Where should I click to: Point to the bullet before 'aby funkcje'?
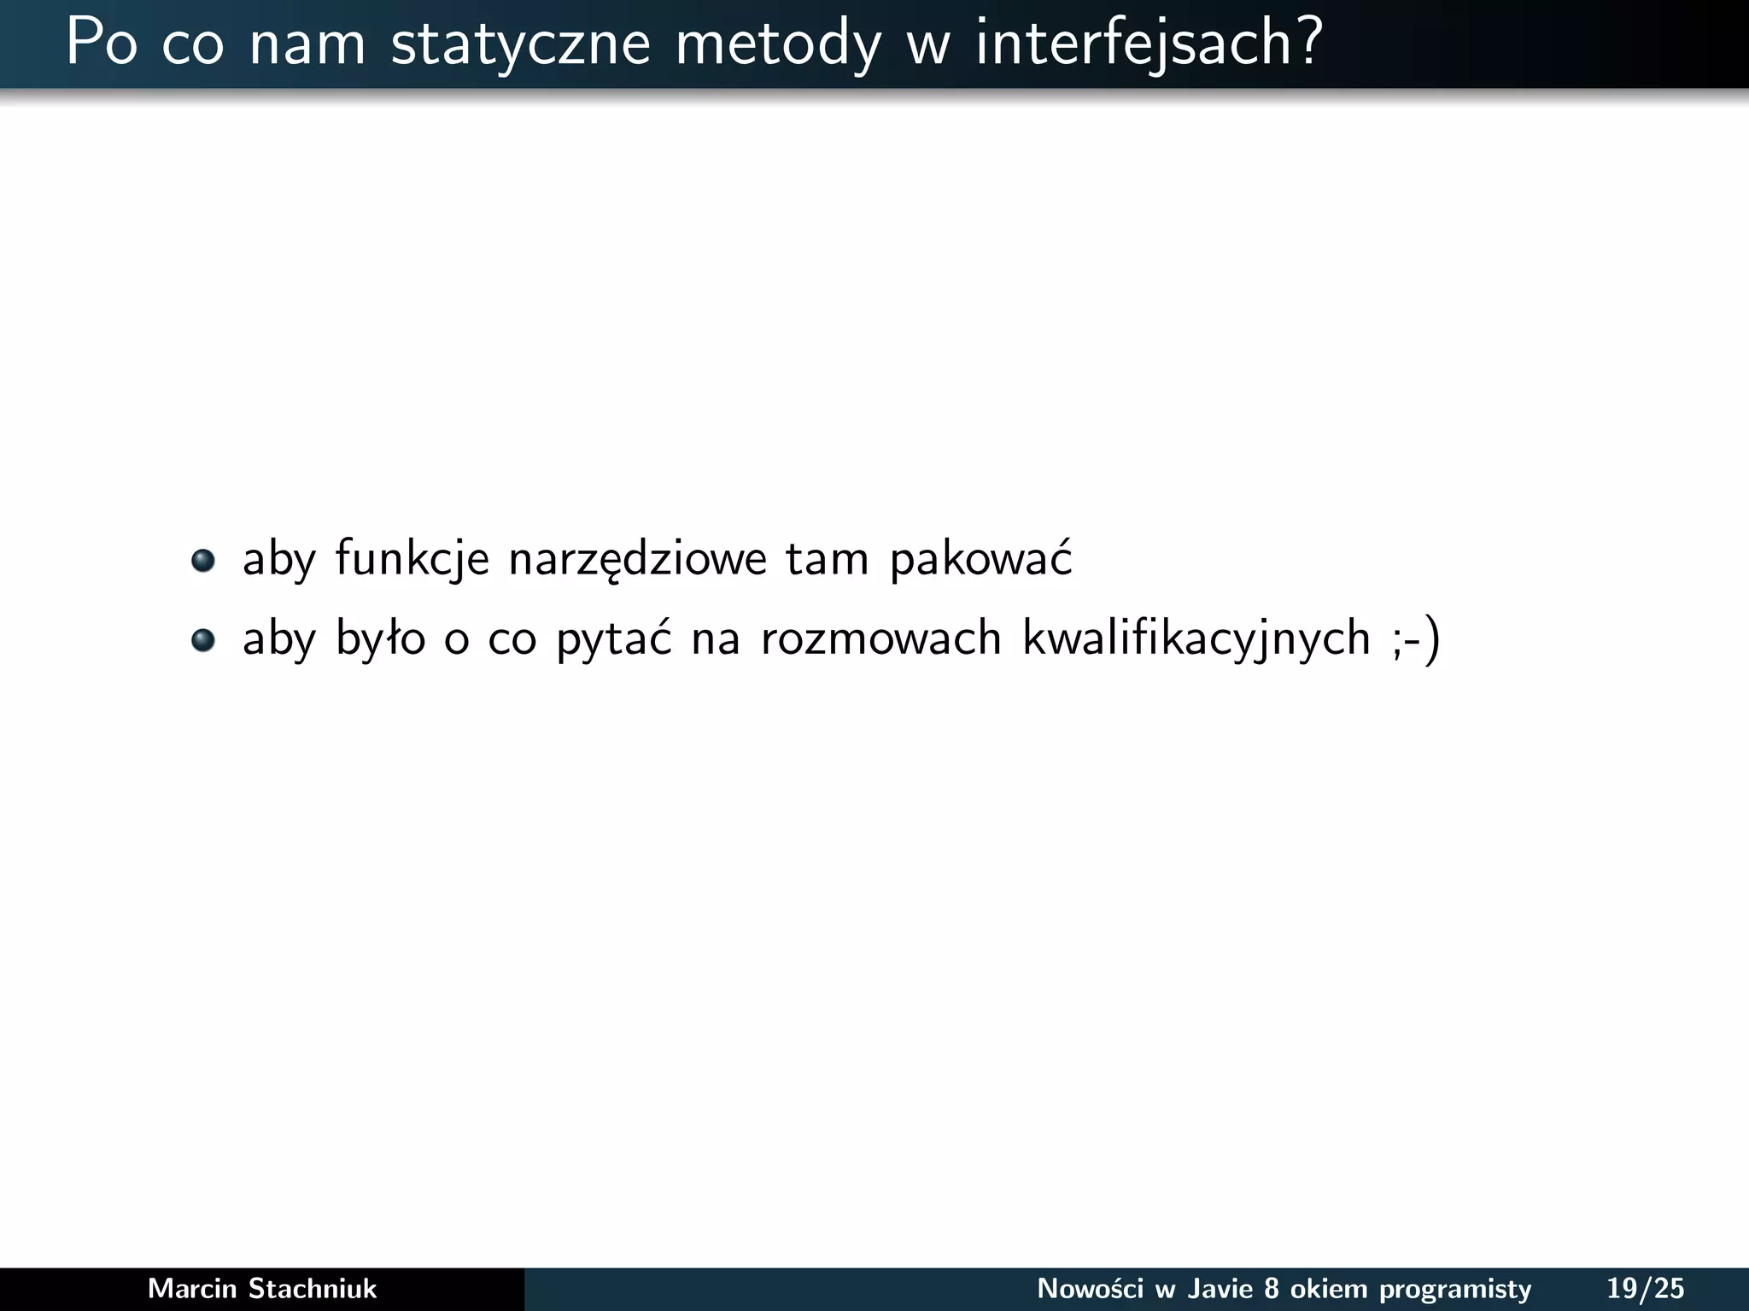(x=202, y=561)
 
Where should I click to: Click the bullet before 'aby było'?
(x=202, y=639)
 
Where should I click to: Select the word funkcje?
(x=412, y=560)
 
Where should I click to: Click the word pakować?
(x=980, y=560)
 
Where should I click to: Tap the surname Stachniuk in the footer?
(x=312, y=1288)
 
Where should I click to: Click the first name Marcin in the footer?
(x=193, y=1288)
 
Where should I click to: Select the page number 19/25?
(x=1645, y=1288)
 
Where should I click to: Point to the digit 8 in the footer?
(x=1272, y=1288)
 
